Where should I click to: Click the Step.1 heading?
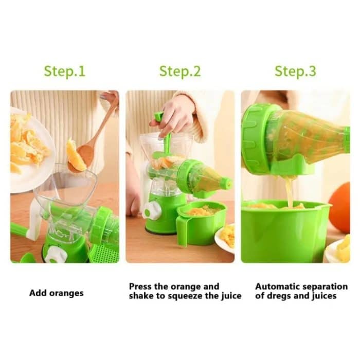coord(64,71)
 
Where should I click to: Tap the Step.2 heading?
coord(179,71)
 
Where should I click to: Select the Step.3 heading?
coord(295,71)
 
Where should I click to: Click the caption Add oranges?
coord(56,293)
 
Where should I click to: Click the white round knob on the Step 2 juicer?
coord(152,210)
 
